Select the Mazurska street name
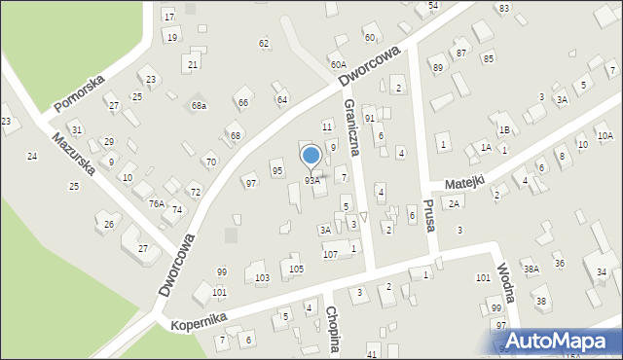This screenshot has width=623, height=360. tap(76, 155)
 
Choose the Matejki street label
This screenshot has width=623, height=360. tap(464, 182)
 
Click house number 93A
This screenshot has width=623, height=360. tap(311, 181)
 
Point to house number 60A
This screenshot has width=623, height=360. tap(338, 64)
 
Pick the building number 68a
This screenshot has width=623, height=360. tap(199, 105)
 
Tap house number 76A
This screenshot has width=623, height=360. tap(156, 203)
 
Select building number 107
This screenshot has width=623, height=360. tap(330, 254)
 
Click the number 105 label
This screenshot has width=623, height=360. tap(297, 269)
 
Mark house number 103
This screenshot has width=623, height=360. tap(262, 278)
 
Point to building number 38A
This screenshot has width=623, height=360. tap(531, 269)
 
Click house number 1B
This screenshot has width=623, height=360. tap(504, 129)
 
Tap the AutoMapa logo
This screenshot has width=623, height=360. tap(560, 341)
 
